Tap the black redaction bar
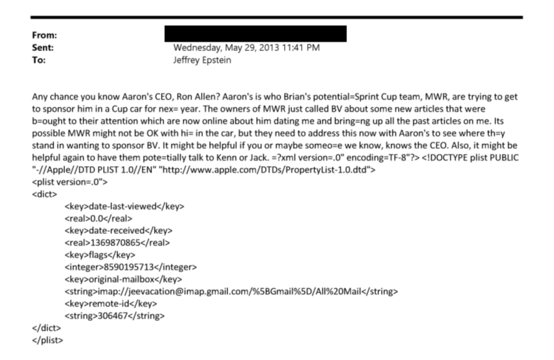pyautogui.click(x=255, y=34)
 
